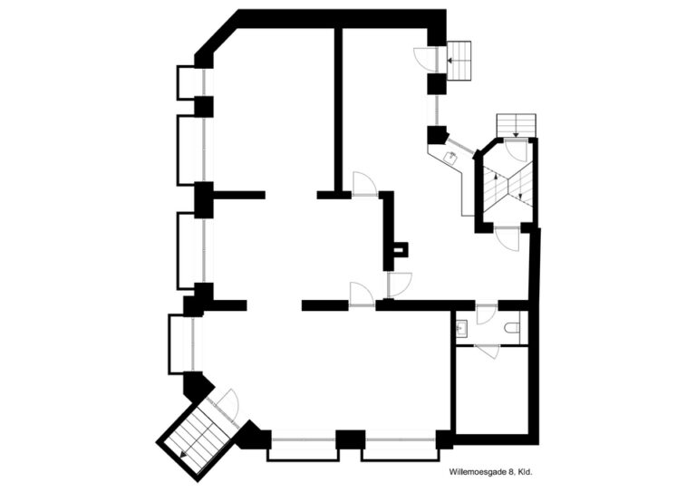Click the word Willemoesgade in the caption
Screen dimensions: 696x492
(x=476, y=473)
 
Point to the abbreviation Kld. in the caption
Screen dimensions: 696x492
(x=525, y=473)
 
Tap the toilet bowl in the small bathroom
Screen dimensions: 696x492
(x=512, y=328)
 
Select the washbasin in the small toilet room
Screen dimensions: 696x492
(x=461, y=328)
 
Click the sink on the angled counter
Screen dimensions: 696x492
(x=451, y=157)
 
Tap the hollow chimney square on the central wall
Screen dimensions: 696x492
(x=401, y=249)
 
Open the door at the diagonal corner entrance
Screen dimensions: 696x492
(x=227, y=406)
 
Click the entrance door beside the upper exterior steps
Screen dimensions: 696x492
(x=426, y=60)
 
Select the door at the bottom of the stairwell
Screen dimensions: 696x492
(x=507, y=240)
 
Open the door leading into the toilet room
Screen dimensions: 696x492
(x=486, y=314)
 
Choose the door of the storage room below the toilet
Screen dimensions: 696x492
(x=488, y=351)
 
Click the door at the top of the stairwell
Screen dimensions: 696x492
(x=516, y=150)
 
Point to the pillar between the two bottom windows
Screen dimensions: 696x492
(x=350, y=439)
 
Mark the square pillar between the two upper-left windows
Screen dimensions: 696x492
(x=204, y=107)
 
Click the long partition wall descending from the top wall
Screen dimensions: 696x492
(x=338, y=110)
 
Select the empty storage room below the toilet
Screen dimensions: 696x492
(x=492, y=390)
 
